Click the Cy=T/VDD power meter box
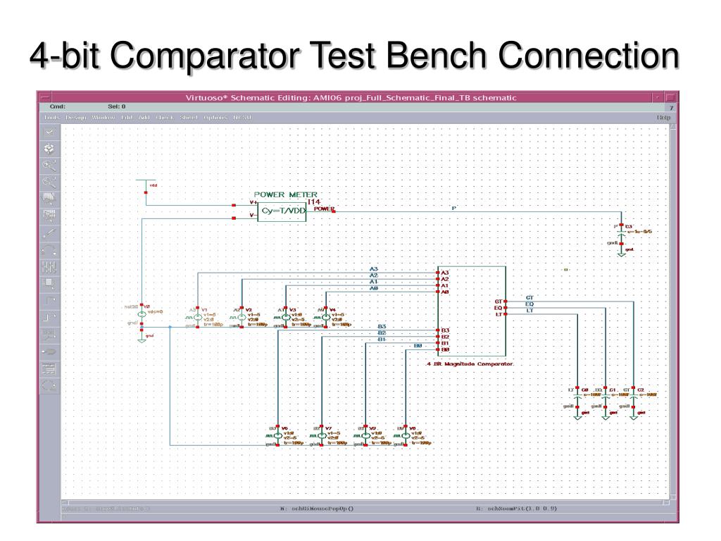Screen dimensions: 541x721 pyautogui.click(x=282, y=211)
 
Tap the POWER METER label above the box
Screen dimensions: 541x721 pyautogui.click(x=285, y=194)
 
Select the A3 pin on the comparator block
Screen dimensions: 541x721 pyautogui.click(x=443, y=272)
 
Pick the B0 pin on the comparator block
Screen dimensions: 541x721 pyautogui.click(x=444, y=350)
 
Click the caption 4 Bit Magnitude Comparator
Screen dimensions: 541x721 pyautogui.click(x=470, y=364)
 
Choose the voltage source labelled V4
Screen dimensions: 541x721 pyautogui.click(x=324, y=318)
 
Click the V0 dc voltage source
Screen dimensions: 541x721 pyautogui.click(x=142, y=313)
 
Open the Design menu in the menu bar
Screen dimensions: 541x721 pyautogui.click(x=75, y=118)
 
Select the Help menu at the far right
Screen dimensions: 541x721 pyautogui.click(x=663, y=118)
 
